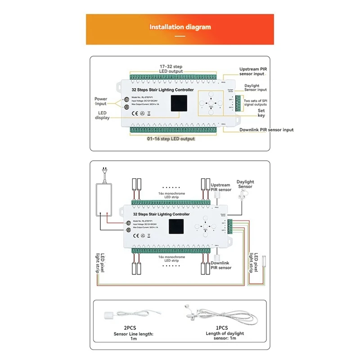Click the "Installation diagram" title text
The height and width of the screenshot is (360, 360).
pos(180,27)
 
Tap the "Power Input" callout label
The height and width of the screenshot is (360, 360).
pos(101,101)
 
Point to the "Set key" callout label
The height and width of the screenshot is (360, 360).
pos(261,113)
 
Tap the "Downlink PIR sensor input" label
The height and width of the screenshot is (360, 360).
pos(266,130)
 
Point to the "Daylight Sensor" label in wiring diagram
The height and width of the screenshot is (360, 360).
pos(245,184)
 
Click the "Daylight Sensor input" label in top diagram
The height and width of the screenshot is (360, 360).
pos(256,88)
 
